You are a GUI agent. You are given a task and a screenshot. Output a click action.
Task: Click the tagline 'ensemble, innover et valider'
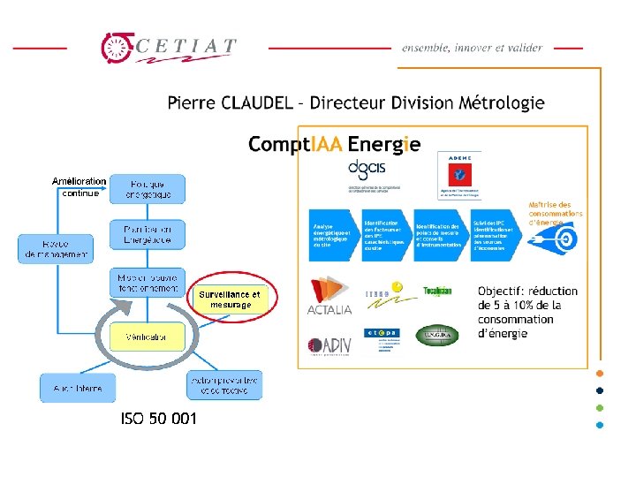coord(472,47)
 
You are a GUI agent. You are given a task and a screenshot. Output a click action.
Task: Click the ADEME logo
coord(459,176)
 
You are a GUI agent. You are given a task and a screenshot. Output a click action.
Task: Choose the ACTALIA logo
coord(329,297)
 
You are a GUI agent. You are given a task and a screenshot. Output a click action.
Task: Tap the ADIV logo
coord(329,346)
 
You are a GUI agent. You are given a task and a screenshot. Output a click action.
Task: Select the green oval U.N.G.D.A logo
coord(437,336)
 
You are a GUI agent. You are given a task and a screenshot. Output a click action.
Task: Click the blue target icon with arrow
coord(562,238)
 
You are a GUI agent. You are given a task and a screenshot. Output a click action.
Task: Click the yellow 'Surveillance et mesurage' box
coord(230,299)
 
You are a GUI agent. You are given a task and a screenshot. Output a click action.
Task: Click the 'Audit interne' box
coord(77,388)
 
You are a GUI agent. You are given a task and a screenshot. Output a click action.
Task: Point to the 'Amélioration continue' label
coord(79,187)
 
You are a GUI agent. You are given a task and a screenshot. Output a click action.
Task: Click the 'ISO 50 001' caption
coord(159,419)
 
